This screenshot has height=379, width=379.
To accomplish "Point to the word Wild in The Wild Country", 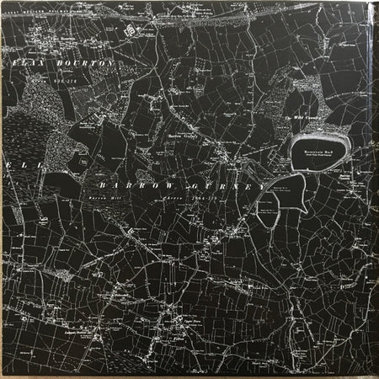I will click(301, 118).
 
